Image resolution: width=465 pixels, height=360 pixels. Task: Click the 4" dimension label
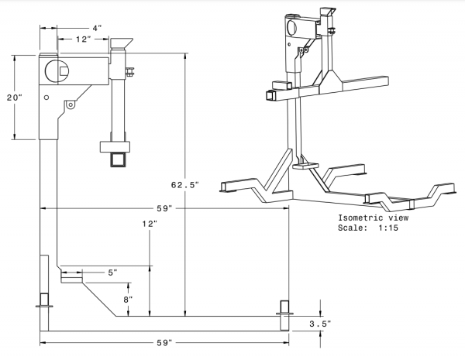(97, 28)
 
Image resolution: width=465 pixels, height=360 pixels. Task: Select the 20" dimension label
(15, 98)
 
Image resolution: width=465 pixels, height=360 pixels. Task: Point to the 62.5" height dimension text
(184, 185)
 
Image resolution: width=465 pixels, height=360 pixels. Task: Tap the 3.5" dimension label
(320, 324)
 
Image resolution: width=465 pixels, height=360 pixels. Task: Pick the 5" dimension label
(112, 273)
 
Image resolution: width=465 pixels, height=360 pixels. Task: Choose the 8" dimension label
(128, 300)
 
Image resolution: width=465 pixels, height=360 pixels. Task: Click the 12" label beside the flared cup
(83, 39)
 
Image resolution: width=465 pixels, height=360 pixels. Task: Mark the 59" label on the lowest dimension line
(164, 343)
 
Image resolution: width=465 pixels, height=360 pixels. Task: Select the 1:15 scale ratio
(388, 228)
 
